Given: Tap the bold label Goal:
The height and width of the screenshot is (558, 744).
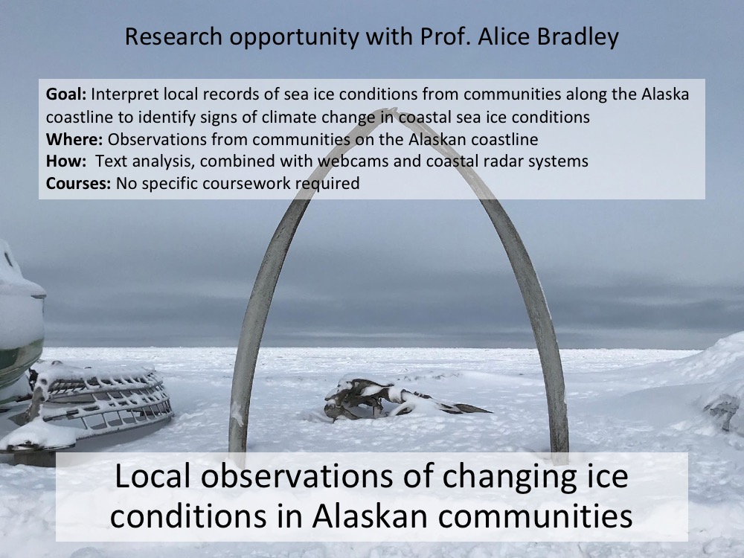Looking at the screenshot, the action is point(66,94).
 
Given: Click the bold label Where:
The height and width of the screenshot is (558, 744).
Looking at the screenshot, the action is point(74,139).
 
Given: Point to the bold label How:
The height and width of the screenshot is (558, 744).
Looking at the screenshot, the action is point(66,161).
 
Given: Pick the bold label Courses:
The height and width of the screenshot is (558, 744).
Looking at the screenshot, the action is point(78,183).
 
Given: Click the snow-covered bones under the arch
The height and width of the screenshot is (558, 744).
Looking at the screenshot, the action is point(399,399).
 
